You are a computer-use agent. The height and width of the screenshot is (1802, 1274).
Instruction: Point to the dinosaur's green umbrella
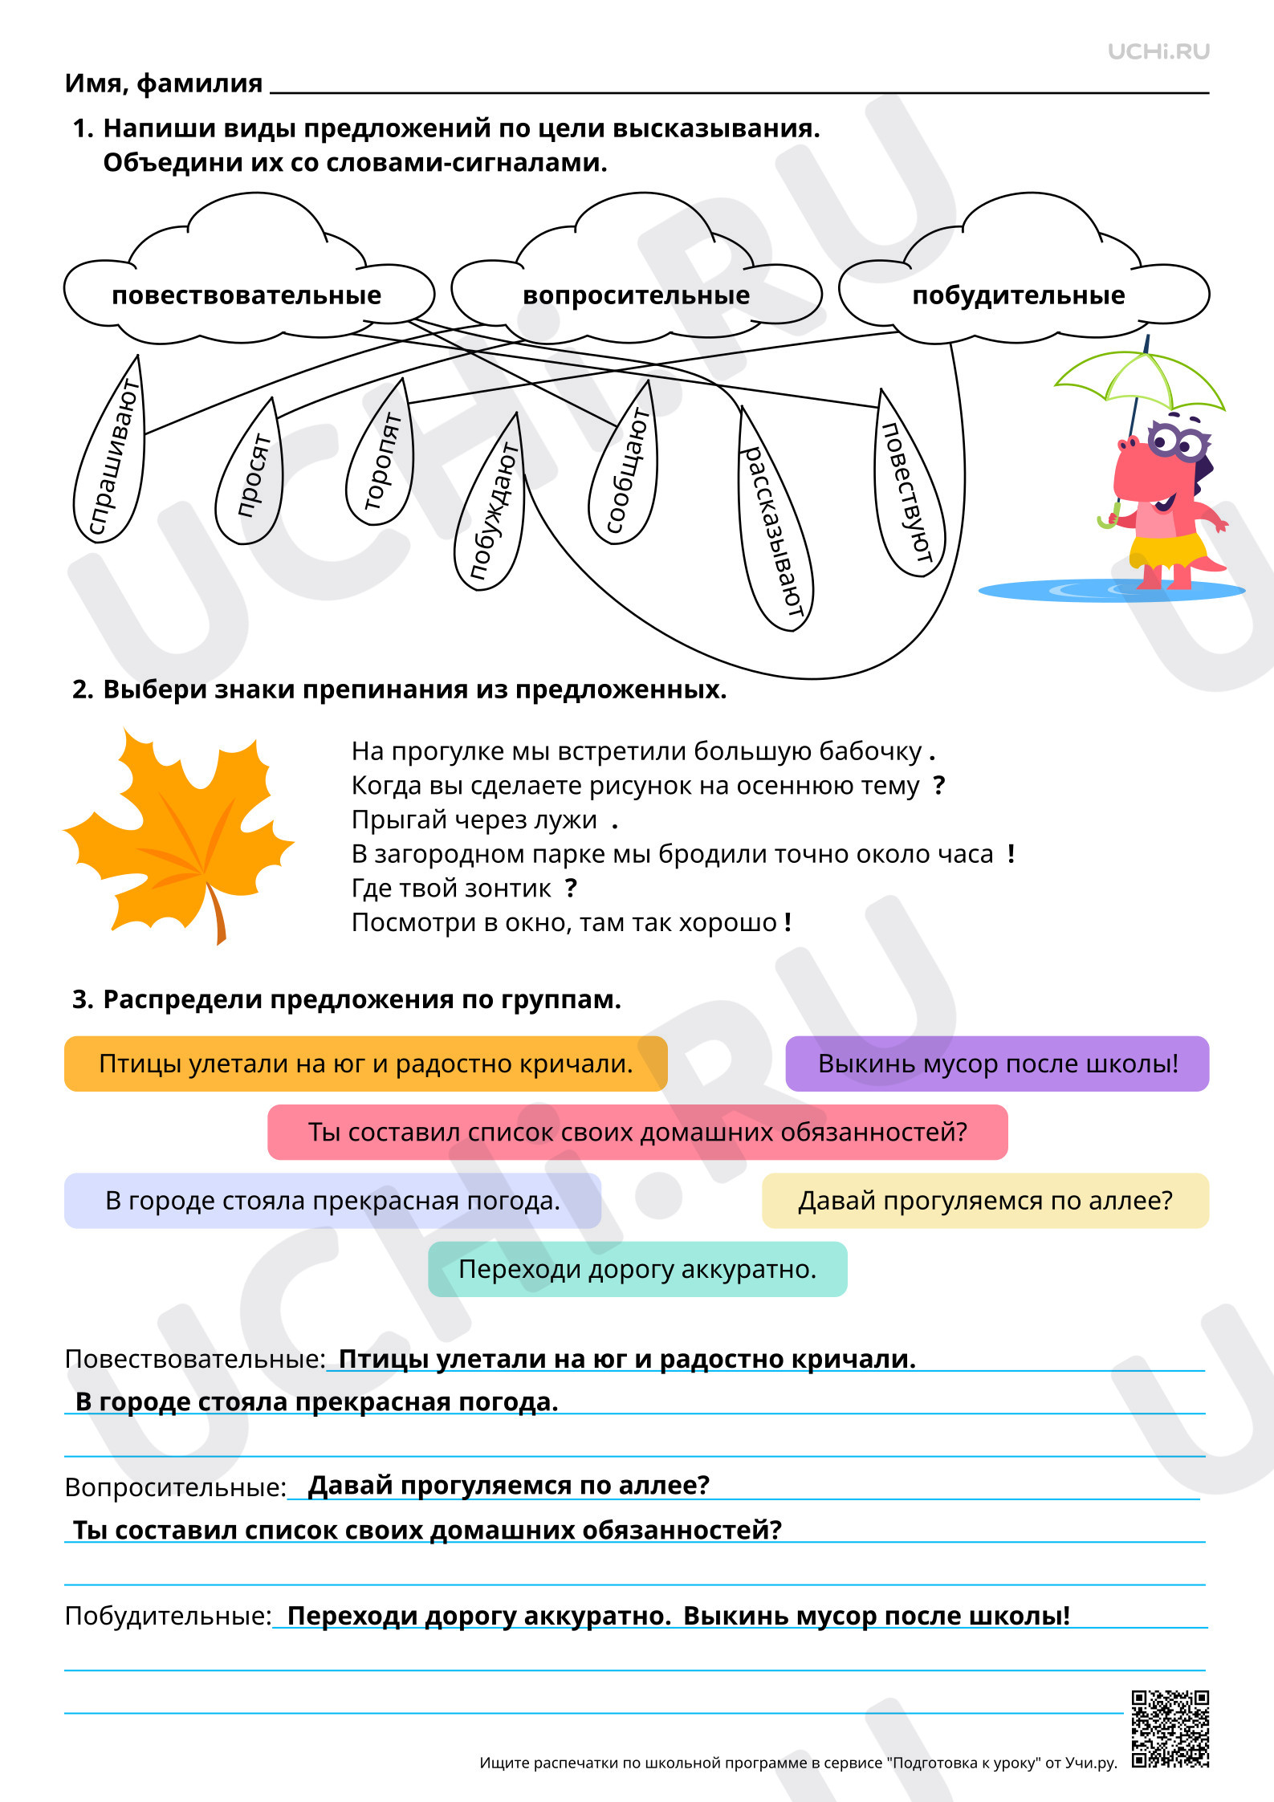1140,381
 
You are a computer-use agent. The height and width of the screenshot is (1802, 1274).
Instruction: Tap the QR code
1170,1728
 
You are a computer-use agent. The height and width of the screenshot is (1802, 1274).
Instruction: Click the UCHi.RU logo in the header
1158,51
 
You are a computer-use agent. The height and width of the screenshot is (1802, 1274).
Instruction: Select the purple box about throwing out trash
997,1064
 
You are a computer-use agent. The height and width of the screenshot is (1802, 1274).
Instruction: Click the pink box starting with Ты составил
637,1132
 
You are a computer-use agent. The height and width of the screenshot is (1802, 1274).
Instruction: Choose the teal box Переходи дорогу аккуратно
637,1269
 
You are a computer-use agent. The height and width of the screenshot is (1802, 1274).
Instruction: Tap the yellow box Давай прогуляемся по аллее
985,1201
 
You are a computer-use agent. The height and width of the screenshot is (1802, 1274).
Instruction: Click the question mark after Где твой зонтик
571,888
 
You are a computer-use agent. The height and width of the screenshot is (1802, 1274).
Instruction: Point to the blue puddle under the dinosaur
1112,591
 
